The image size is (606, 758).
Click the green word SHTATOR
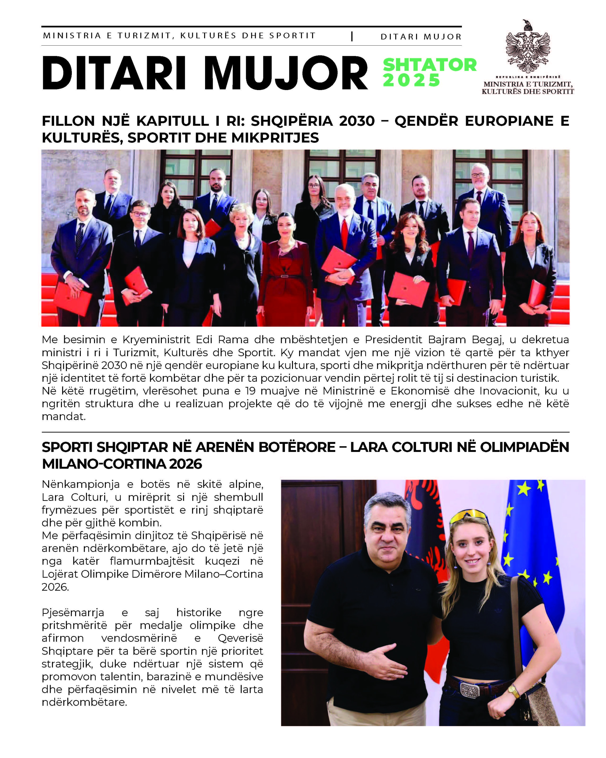pyautogui.click(x=429, y=65)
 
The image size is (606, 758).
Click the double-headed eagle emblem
pyautogui.click(x=527, y=47)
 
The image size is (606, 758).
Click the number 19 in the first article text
pyautogui.click(x=250, y=391)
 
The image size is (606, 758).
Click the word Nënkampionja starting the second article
pyautogui.click(x=80, y=484)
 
